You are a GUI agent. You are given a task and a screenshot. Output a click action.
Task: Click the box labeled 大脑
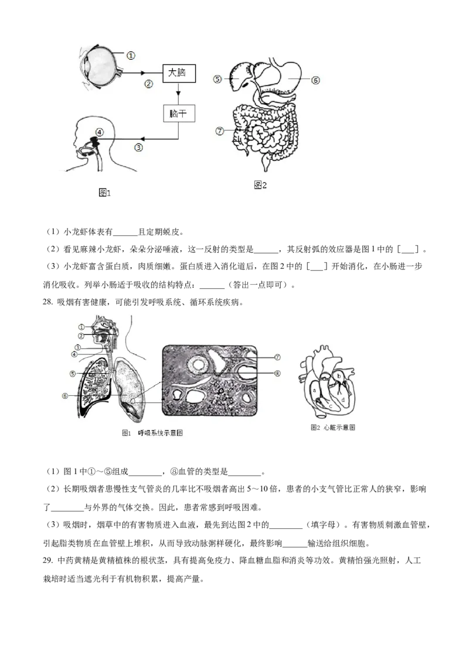pyautogui.click(x=179, y=74)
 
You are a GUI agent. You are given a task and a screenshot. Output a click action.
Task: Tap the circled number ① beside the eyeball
pyautogui.click(x=130, y=56)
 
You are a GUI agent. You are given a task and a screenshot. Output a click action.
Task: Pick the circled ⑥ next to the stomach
pyautogui.click(x=315, y=80)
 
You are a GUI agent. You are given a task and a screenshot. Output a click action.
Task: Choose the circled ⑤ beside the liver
pyautogui.click(x=217, y=79)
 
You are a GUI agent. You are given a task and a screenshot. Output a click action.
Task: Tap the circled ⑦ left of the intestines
pyautogui.click(x=220, y=131)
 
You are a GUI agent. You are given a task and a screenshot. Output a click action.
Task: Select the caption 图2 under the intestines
pyautogui.click(x=260, y=185)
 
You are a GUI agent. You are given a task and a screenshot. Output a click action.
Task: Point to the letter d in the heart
pyautogui.click(x=343, y=400)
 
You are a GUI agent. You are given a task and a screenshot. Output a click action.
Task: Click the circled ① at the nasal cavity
pyautogui.click(x=82, y=326)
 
